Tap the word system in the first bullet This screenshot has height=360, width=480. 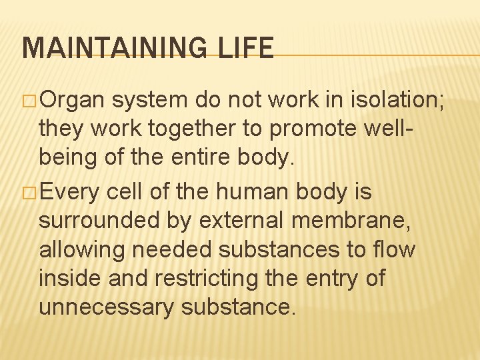coord(150,100)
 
